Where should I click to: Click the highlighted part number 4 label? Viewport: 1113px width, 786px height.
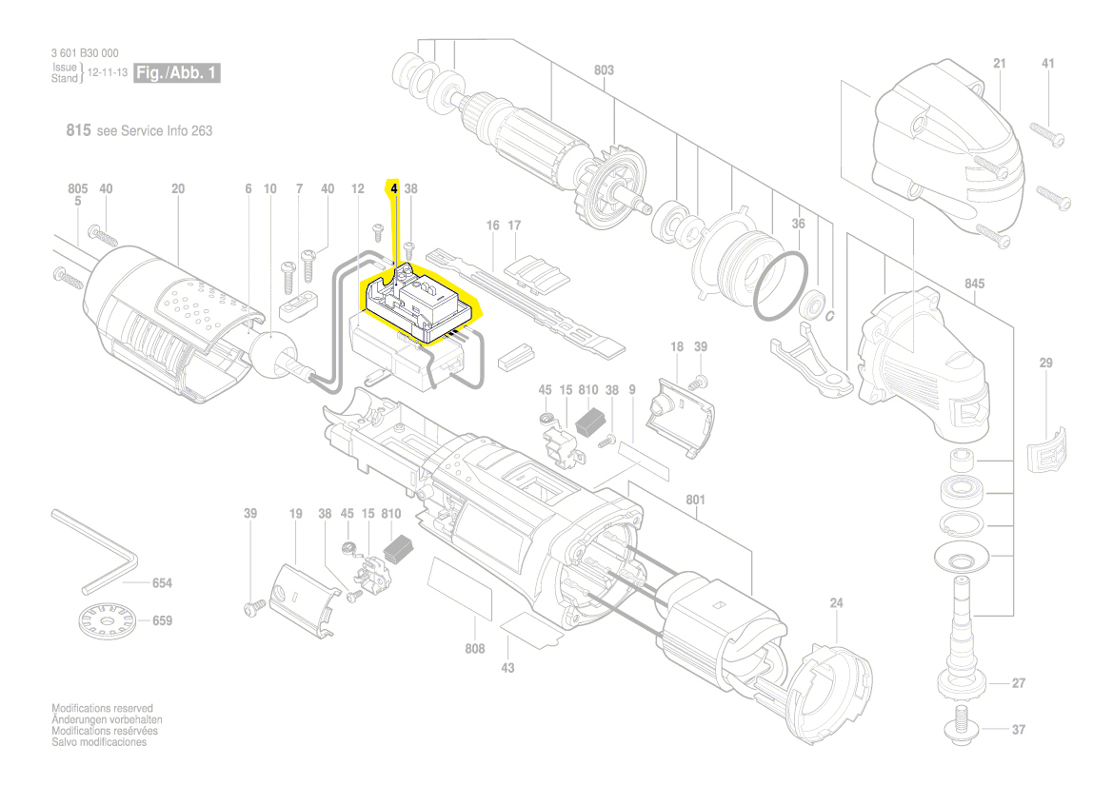pos(393,189)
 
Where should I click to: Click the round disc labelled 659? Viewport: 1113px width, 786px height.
pos(105,622)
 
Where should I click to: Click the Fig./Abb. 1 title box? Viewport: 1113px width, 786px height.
pos(177,73)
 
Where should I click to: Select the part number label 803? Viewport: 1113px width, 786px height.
pos(604,70)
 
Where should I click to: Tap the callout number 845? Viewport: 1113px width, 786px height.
pos(974,285)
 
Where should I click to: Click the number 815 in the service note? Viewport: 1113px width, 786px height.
pos(78,130)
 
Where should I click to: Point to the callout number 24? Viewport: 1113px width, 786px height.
pos(836,603)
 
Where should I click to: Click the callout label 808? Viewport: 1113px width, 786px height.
pos(474,649)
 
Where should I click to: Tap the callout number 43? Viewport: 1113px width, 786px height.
pos(507,668)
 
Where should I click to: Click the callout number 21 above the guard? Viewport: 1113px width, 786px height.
pos(999,64)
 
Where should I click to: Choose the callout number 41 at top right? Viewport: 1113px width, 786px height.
pos(1048,64)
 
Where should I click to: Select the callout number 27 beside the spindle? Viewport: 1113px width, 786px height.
pos(1018,683)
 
